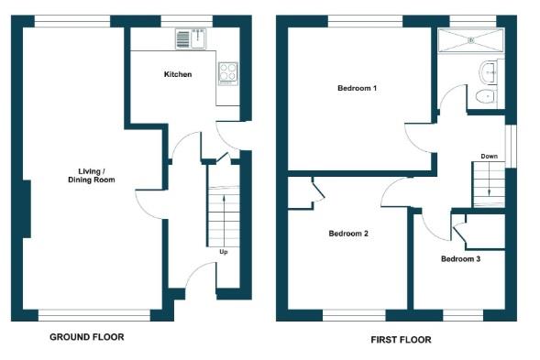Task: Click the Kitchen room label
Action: (178, 74)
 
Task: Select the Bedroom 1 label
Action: (358, 88)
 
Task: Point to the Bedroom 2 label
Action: (348, 234)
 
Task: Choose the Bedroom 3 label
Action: (460, 259)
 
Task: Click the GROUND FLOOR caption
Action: (86, 337)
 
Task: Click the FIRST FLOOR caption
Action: (401, 340)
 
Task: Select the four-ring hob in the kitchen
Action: (226, 72)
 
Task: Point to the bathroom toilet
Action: (485, 96)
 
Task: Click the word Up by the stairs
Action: (223, 251)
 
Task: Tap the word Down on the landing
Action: (490, 157)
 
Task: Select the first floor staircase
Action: (490, 182)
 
